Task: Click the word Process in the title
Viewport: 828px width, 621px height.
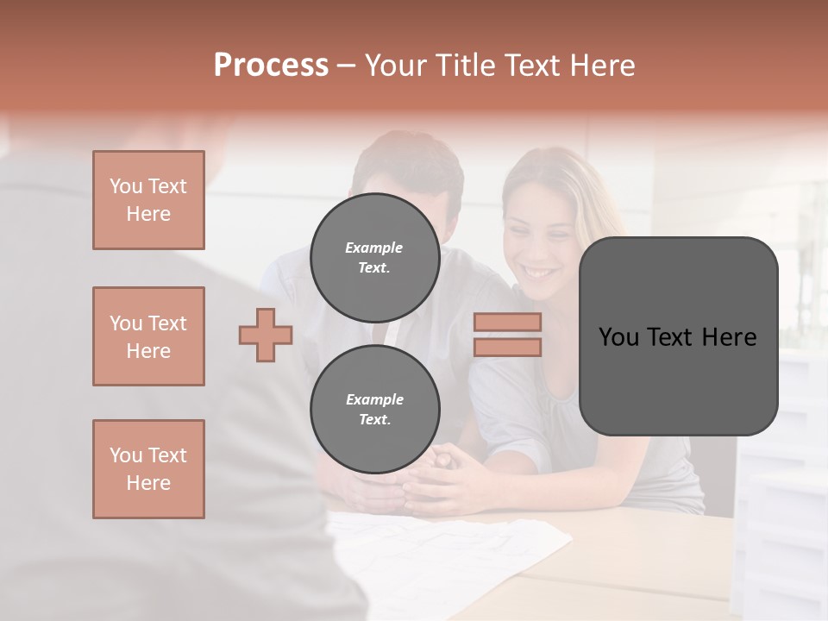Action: tap(271, 66)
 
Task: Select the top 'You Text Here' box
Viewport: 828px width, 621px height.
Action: tap(148, 200)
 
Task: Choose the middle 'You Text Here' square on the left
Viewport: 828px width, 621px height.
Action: tap(148, 336)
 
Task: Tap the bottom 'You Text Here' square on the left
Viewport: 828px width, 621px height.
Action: tap(148, 469)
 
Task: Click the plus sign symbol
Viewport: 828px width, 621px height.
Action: tap(266, 335)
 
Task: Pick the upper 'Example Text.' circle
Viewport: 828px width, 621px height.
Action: tap(374, 258)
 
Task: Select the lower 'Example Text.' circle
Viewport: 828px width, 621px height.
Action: tap(374, 410)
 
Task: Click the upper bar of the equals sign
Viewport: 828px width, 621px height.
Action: tap(507, 323)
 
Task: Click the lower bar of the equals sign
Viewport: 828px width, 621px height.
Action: tap(507, 347)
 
